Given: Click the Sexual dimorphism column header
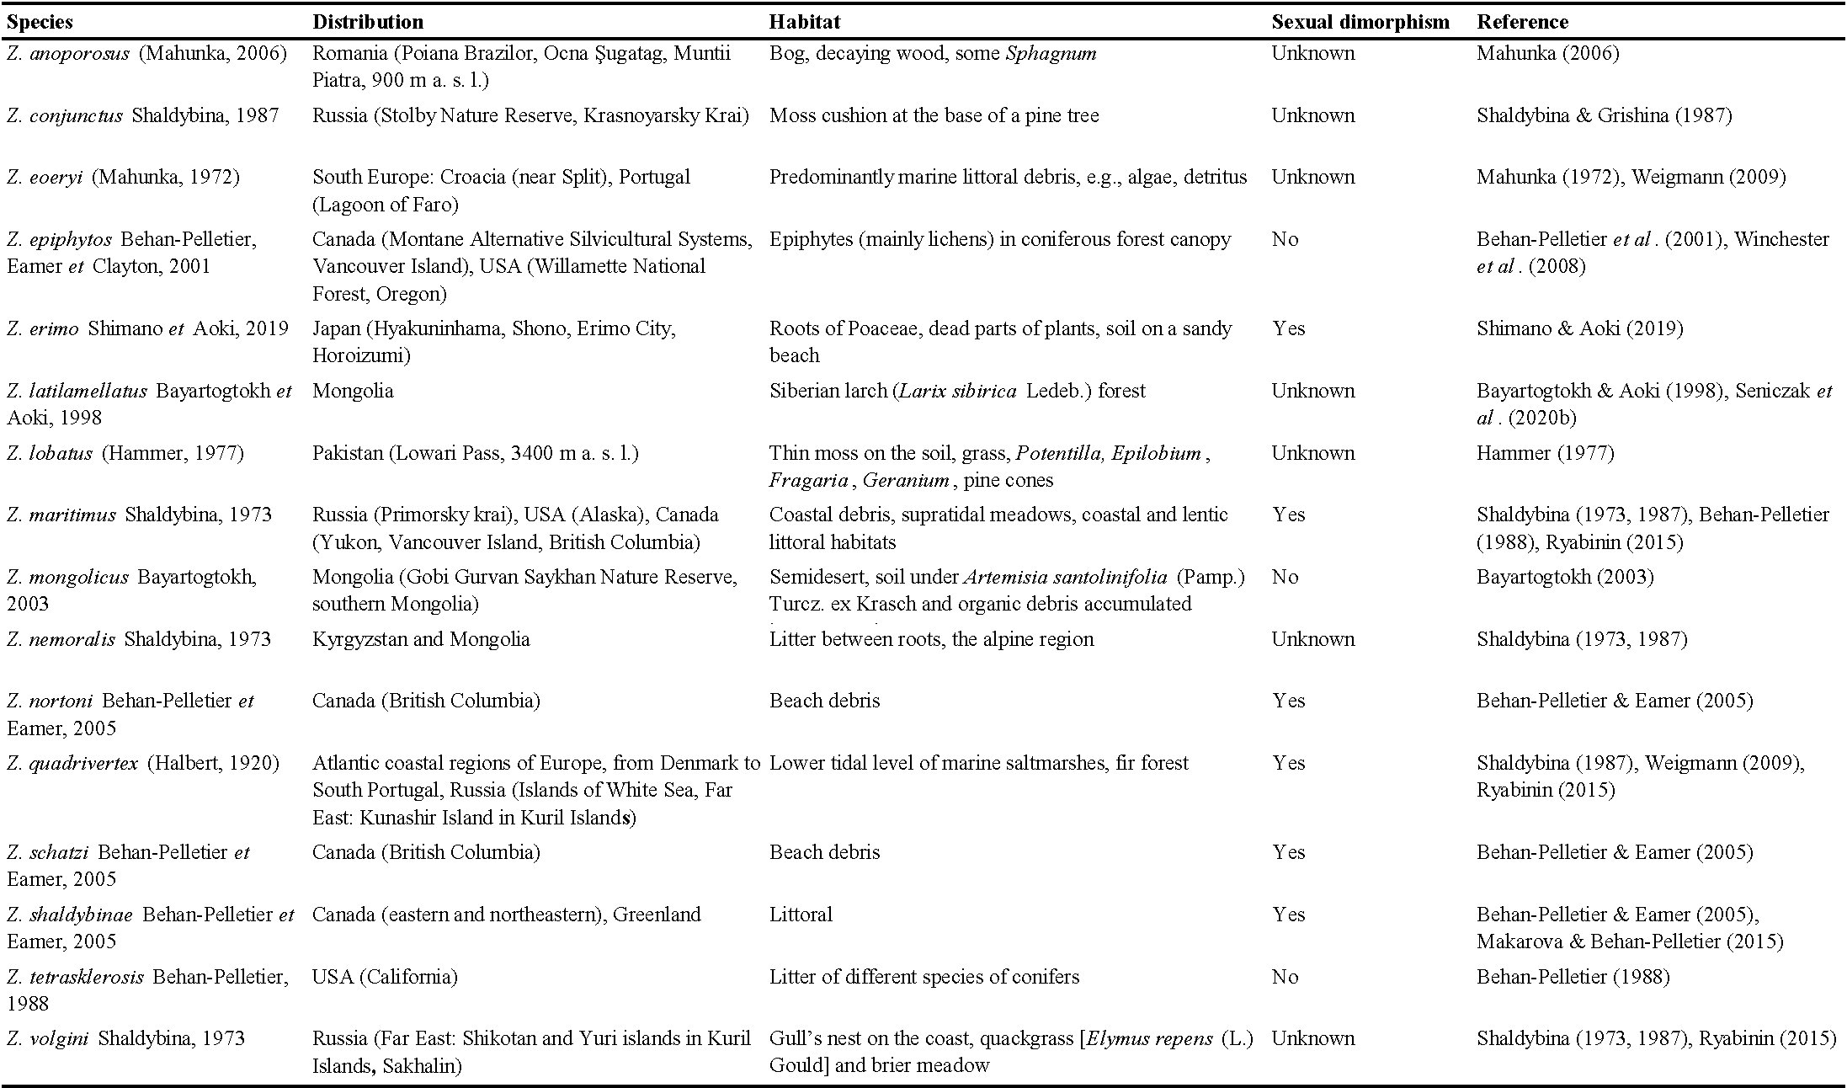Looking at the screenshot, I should click(x=1360, y=22).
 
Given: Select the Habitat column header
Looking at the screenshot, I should click(x=804, y=22).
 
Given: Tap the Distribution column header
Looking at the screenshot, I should click(x=368, y=22).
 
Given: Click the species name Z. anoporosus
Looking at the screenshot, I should click(x=68, y=54).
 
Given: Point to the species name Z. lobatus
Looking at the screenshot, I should click(x=50, y=453).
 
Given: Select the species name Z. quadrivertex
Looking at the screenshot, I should click(x=72, y=763).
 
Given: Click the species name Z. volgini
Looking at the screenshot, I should click(x=48, y=1038).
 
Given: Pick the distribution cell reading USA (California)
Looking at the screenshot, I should click(x=385, y=977).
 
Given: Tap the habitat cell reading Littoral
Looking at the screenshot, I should click(x=801, y=915).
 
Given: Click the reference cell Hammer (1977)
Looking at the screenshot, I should click(x=1545, y=453).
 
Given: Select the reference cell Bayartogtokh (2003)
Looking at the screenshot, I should click(x=1565, y=577).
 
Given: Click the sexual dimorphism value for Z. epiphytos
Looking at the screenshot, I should click(x=1285, y=239).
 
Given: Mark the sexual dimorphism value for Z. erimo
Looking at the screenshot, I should click(x=1288, y=328).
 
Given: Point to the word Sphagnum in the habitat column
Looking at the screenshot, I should click(x=1051, y=54).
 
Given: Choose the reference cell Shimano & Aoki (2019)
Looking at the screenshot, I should click(x=1579, y=328).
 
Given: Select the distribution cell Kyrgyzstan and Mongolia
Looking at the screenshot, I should click(x=421, y=639).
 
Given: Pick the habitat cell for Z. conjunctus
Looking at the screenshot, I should click(x=934, y=115).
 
